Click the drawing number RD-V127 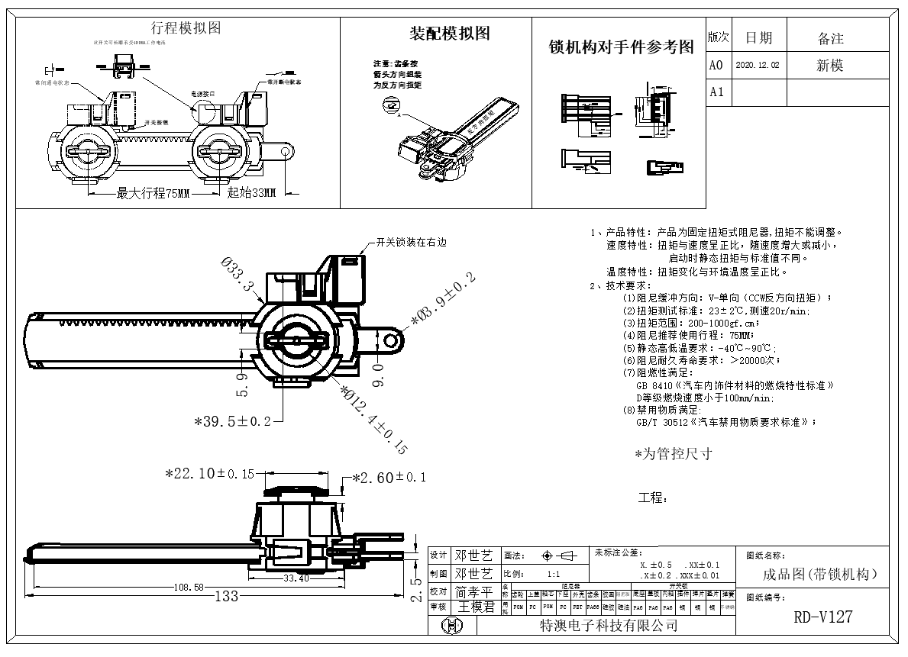[x=822, y=617]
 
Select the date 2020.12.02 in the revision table [x=758, y=66]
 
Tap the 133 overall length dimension [x=227, y=596]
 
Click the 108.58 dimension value [x=189, y=587]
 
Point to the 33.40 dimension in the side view [x=296, y=578]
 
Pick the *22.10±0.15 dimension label [x=210, y=474]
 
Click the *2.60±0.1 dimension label [x=389, y=478]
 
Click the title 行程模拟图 [x=186, y=28]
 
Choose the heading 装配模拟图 [x=450, y=34]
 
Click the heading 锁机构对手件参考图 [x=622, y=47]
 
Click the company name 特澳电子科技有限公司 [x=609, y=626]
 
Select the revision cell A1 [x=716, y=92]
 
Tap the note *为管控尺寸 [x=673, y=454]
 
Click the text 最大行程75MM [x=152, y=193]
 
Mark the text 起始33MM [x=251, y=193]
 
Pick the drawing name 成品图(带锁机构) [x=820, y=575]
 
